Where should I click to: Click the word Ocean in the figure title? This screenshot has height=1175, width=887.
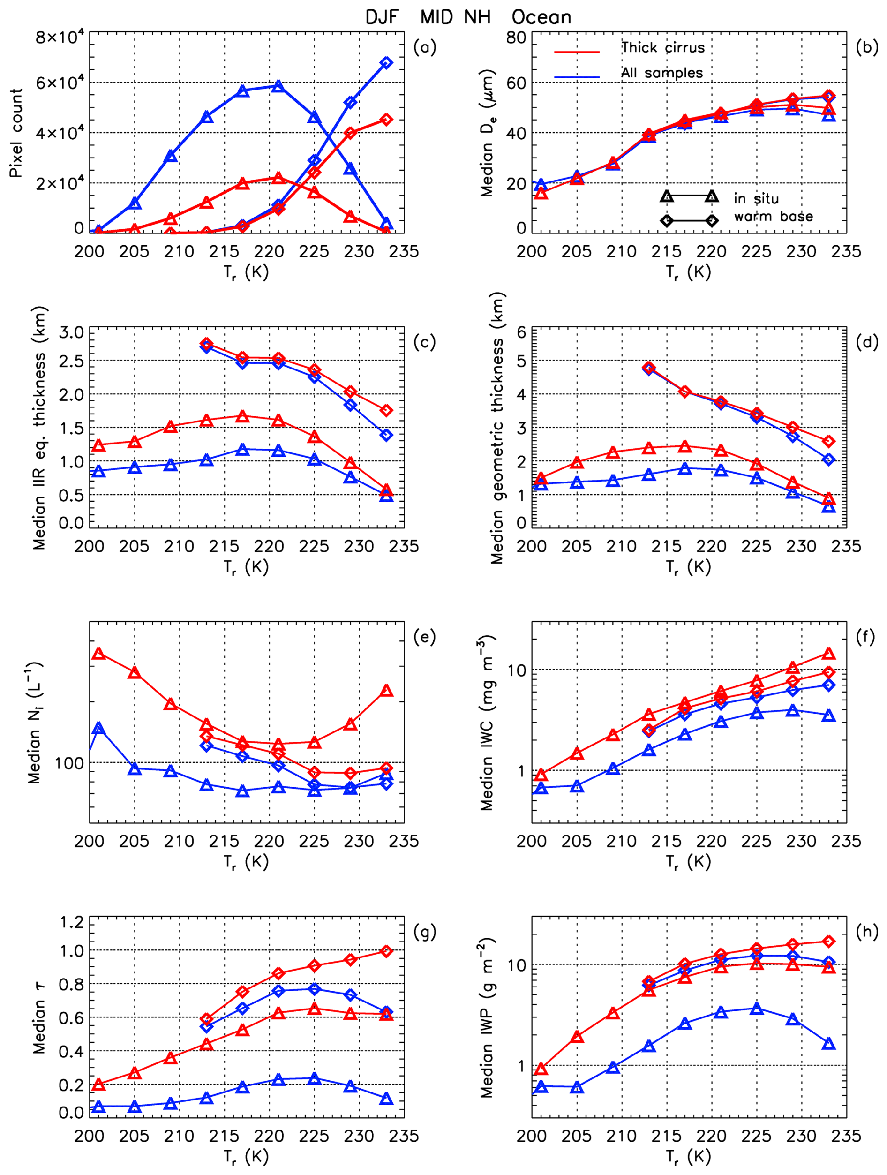(541, 17)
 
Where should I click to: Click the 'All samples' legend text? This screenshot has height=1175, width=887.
(662, 73)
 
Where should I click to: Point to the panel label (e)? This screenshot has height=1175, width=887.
(424, 637)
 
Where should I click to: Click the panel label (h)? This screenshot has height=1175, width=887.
(867, 932)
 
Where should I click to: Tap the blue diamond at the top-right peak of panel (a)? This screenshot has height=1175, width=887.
(387, 63)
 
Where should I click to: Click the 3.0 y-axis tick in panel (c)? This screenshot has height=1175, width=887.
(71, 333)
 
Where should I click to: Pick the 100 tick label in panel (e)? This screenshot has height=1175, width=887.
(69, 763)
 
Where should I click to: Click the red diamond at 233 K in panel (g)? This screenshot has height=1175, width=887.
(387, 951)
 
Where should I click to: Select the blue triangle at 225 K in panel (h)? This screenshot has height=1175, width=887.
(757, 1009)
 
